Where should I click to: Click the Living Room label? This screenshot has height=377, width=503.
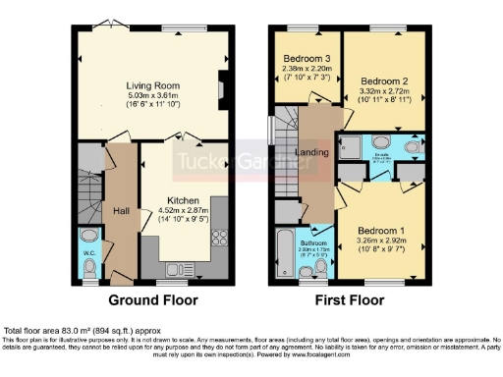[152, 86]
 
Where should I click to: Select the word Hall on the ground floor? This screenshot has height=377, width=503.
[119, 210]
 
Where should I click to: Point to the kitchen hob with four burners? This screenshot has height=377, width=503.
[219, 237]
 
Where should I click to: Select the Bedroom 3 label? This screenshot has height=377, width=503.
[307, 59]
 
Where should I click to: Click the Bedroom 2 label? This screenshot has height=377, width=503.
[383, 81]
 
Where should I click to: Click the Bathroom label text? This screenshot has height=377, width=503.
[312, 242]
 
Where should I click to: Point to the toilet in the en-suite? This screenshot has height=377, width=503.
[412, 148]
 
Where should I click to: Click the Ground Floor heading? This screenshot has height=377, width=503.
[152, 299]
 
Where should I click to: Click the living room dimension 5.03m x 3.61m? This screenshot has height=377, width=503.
[152, 97]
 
